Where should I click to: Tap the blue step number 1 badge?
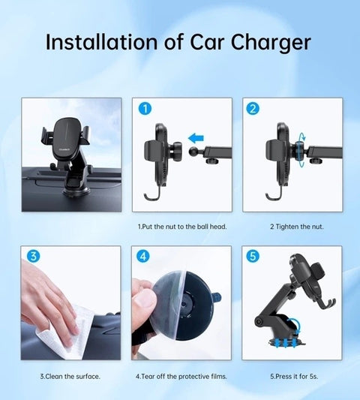point(145,109)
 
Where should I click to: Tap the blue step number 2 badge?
point(253,109)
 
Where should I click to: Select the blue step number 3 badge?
point(34,257)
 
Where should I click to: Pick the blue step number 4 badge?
point(144,257)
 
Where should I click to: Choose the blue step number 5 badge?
point(253,257)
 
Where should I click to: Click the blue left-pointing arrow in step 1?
point(196,138)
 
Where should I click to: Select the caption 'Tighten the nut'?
point(297,226)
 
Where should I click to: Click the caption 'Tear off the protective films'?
point(181,375)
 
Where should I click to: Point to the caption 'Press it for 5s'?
point(292,375)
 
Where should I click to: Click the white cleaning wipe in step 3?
point(60,330)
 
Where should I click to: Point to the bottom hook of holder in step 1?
point(148,197)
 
